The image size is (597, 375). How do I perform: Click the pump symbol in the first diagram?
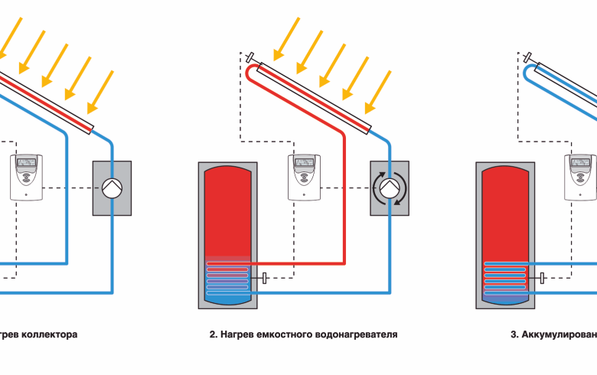click(112, 188)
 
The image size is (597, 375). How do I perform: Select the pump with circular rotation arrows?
click(390, 188)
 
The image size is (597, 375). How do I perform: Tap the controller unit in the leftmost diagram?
click(27, 178)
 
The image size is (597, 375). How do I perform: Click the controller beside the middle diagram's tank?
click(305, 178)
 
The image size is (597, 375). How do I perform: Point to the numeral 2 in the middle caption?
click(211, 334)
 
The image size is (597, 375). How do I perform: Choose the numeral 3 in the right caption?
click(512, 334)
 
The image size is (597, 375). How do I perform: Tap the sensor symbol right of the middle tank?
click(264, 277)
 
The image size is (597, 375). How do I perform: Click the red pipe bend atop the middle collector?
click(251, 72)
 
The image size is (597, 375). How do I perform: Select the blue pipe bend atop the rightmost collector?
click(529, 72)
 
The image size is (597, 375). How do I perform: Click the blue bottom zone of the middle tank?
click(228, 298)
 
